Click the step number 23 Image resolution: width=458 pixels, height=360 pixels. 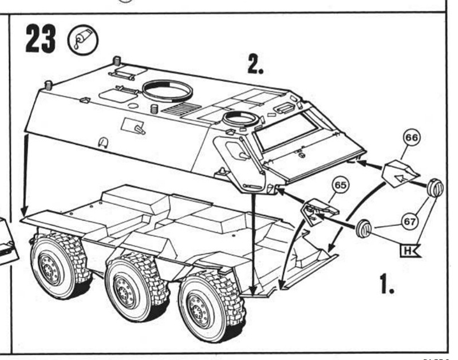pos(40,39)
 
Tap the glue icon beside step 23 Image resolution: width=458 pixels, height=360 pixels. pos(83,39)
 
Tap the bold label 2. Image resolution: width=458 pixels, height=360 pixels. pos(255,65)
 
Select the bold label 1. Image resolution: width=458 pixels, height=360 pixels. pos(387,283)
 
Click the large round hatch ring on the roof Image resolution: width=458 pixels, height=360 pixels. pos(167,90)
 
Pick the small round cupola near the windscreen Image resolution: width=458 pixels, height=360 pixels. pos(240,120)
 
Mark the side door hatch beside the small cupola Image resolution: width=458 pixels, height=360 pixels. pos(236,152)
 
